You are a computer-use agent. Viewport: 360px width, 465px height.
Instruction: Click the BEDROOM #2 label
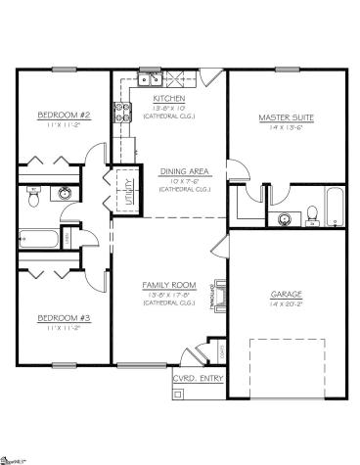click(64, 116)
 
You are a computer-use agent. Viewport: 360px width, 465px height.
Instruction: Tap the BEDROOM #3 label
click(64, 317)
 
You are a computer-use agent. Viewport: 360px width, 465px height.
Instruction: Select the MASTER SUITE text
click(285, 116)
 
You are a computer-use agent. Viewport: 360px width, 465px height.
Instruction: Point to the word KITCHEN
click(170, 99)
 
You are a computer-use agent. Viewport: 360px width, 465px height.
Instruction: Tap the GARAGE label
click(286, 293)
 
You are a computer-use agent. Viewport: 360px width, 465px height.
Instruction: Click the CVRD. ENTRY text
click(199, 376)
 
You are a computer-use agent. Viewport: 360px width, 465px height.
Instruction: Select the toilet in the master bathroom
click(310, 216)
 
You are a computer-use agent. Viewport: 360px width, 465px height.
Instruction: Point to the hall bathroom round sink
click(66, 193)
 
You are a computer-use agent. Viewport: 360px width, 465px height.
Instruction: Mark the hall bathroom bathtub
click(39, 236)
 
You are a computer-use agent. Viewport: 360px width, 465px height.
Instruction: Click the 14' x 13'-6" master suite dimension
click(285, 128)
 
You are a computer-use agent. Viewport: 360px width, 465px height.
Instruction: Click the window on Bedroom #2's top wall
click(64, 69)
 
